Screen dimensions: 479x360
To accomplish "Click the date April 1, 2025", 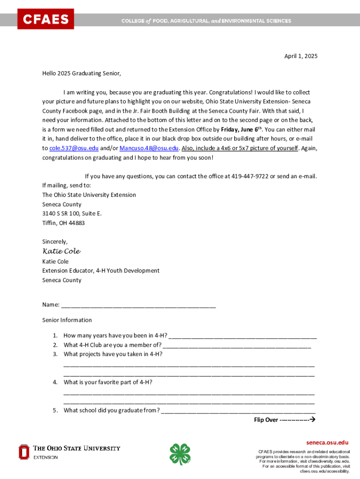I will click(x=301, y=56).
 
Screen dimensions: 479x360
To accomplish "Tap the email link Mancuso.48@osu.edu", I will click(x=149, y=148).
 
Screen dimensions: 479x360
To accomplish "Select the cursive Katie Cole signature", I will click(x=61, y=252).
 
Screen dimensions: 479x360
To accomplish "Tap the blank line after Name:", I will click(x=138, y=305).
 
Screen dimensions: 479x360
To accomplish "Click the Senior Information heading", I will click(x=67, y=320).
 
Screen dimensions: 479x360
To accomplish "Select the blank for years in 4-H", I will click(x=243, y=336).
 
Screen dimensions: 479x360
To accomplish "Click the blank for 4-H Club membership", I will click(x=237, y=346).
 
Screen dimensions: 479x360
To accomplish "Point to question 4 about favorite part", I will click(x=108, y=382).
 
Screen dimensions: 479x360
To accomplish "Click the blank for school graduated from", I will click(x=238, y=411).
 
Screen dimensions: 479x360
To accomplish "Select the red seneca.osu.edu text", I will click(x=327, y=443).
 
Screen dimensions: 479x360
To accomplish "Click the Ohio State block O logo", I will click(x=24, y=452).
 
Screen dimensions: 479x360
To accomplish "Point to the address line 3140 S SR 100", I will click(x=72, y=214).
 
